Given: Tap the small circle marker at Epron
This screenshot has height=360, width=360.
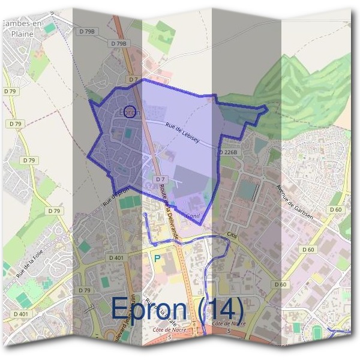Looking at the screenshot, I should [132, 111].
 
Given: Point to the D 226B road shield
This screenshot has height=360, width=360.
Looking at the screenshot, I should [228, 152].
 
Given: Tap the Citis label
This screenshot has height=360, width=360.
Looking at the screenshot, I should [232, 236].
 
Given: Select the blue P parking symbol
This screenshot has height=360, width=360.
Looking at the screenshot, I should [157, 258].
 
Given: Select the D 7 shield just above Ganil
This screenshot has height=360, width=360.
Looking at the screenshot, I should [160, 179].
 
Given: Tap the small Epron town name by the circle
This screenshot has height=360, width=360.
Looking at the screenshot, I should [129, 112].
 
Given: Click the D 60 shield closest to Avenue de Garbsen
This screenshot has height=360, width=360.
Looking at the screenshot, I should [335, 209].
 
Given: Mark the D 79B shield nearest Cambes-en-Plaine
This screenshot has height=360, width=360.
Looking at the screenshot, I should [86, 31].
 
